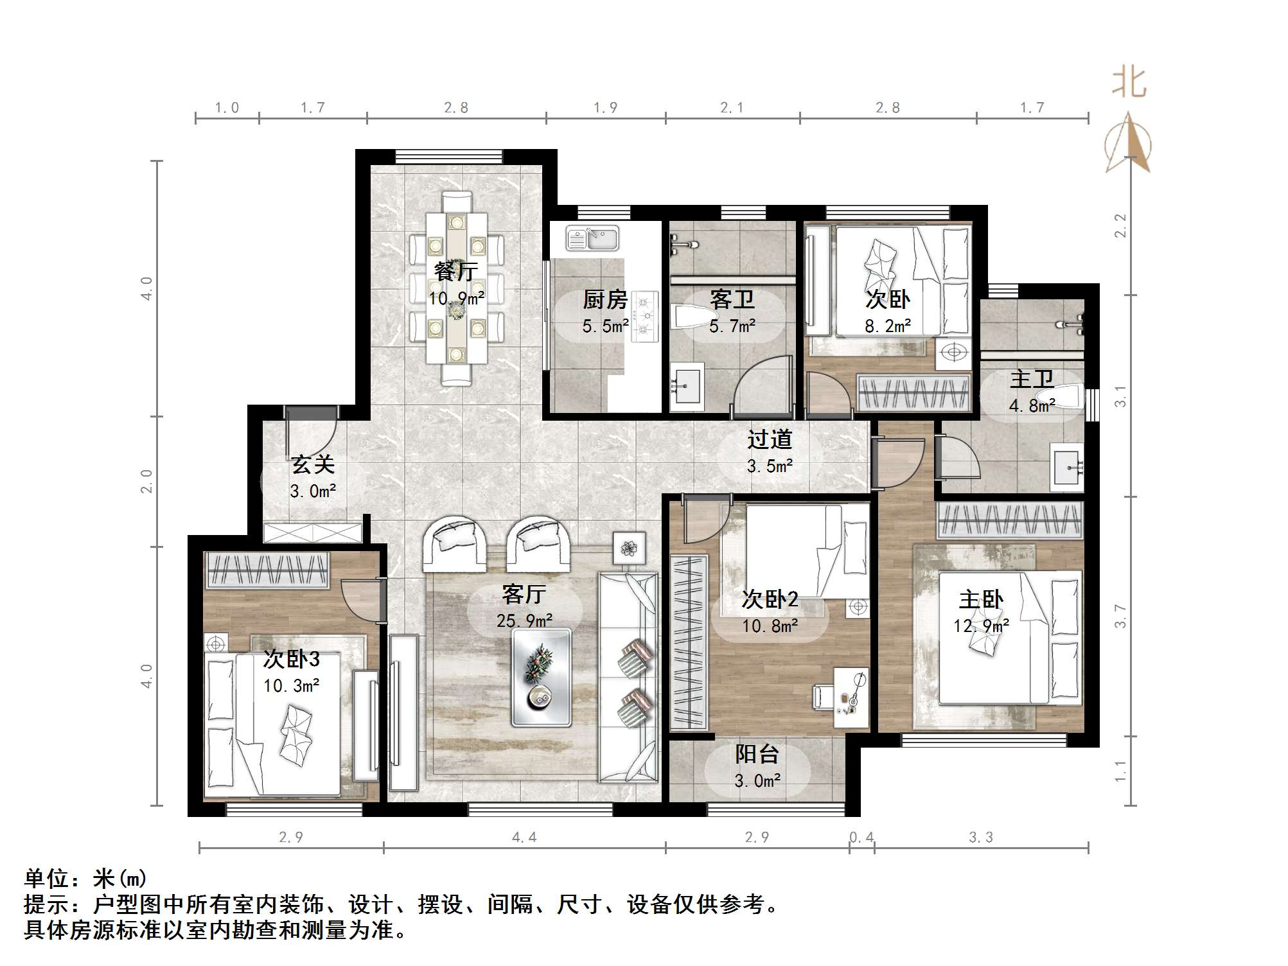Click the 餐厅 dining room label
(x=455, y=271)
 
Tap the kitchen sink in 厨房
(x=592, y=238)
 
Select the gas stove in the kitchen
(x=646, y=316)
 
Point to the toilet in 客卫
(x=691, y=316)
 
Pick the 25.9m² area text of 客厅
(x=524, y=621)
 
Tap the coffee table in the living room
(x=542, y=678)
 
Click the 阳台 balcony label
(x=757, y=754)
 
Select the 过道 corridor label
(x=770, y=440)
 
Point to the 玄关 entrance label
(x=313, y=464)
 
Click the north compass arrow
(x=1128, y=143)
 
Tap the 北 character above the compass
(x=1129, y=83)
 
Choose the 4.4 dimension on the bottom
(x=524, y=837)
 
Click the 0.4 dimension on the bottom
(x=861, y=837)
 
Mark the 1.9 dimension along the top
(x=605, y=107)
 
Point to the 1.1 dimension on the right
(x=1120, y=771)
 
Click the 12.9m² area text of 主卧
(x=981, y=626)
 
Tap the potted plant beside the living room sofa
(x=628, y=548)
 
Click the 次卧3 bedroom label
(x=291, y=659)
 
